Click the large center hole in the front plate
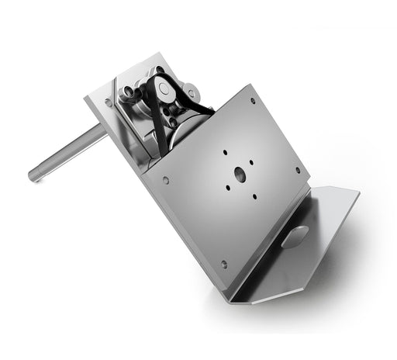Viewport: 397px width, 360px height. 238,175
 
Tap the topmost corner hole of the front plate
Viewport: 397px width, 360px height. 253,100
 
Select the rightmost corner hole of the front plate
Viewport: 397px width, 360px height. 297,171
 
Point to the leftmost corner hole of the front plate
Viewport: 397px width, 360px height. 166,182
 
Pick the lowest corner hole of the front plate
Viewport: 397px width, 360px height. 224,264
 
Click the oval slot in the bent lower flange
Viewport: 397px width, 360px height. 295,237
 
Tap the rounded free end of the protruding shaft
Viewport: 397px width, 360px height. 35,176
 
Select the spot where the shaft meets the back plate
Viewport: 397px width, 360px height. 103,133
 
